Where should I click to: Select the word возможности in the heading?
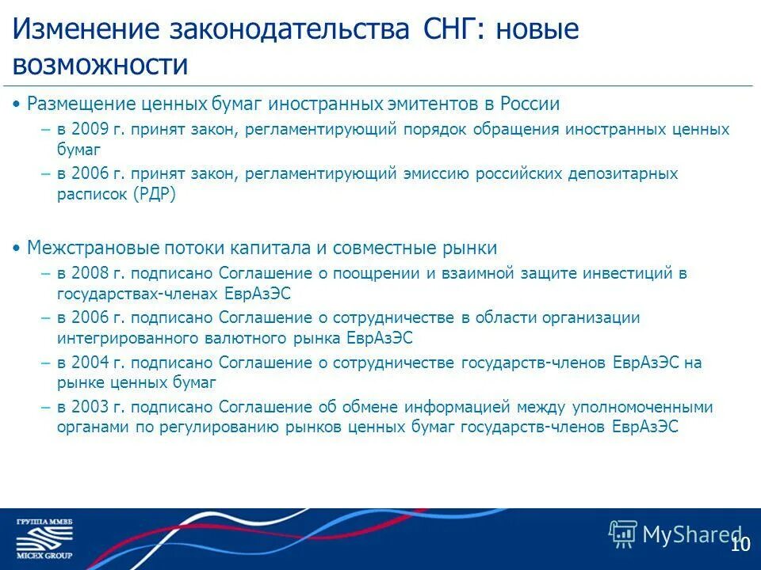pos(100,65)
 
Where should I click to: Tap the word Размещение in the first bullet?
pos(76,104)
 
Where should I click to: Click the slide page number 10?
pos(740,545)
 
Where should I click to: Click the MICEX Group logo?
pos(44,538)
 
